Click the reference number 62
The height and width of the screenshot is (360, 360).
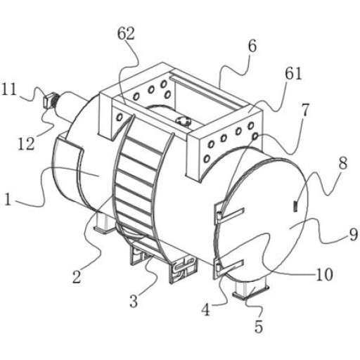(126, 34)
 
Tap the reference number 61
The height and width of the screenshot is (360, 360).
(293, 75)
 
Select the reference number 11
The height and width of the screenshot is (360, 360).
(9, 89)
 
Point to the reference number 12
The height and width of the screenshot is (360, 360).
(27, 143)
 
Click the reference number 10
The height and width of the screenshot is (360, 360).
(324, 274)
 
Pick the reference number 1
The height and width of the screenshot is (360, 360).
(8, 200)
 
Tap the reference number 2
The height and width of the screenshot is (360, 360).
(77, 276)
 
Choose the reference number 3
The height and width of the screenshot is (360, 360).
(134, 301)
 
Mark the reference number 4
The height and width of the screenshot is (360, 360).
(206, 309)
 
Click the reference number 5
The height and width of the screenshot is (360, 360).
(259, 326)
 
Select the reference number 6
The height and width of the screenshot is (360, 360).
(252, 46)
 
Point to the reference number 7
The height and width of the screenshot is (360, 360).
(304, 110)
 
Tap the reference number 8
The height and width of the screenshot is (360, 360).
(343, 163)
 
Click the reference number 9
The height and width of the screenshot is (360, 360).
(354, 234)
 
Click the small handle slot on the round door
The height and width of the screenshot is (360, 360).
(295, 207)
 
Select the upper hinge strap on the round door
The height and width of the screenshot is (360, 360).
(230, 214)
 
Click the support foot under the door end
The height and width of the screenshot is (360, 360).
(250, 288)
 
